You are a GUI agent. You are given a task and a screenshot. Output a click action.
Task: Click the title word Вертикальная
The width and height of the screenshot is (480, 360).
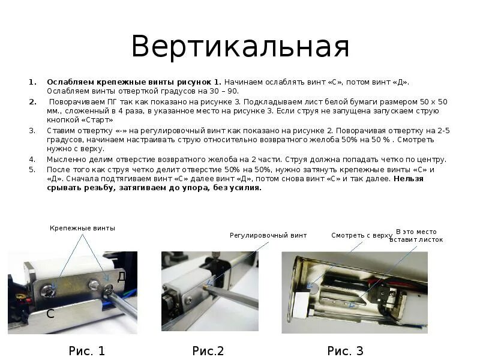pos(240,47)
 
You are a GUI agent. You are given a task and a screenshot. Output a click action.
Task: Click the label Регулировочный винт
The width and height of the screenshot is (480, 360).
pos(268,236)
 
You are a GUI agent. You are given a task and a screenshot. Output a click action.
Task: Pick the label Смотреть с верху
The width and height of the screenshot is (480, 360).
pos(361,236)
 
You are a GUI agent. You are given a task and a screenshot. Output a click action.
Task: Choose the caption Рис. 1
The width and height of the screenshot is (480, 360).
pos(86,351)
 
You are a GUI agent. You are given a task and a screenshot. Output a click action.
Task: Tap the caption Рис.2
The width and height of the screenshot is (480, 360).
pos(208,351)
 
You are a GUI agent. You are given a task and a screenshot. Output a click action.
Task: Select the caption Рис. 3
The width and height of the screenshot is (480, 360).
pos(346,351)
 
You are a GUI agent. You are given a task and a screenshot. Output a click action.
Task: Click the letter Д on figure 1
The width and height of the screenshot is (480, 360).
pos(121,277)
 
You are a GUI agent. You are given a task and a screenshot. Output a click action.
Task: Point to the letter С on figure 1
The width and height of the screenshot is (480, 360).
pos(50,313)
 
